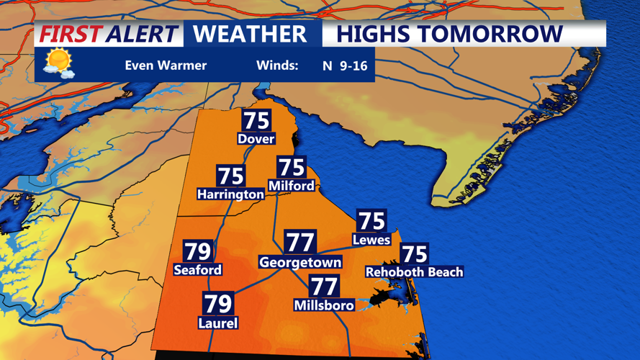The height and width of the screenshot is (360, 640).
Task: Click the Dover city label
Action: click(x=256, y=138)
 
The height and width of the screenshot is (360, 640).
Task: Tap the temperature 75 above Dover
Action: click(x=256, y=120)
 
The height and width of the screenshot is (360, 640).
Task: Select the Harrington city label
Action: click(x=230, y=194)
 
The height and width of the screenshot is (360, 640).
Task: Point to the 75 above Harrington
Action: click(x=230, y=176)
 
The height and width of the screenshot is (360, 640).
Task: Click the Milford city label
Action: click(x=291, y=186)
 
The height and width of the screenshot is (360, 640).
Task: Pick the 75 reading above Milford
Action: click(x=292, y=167)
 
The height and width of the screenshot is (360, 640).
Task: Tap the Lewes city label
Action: click(x=371, y=239)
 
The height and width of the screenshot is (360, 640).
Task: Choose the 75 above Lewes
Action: click(x=372, y=220)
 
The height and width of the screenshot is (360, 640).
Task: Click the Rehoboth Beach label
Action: click(x=414, y=272)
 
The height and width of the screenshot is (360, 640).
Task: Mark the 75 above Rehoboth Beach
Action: click(x=414, y=253)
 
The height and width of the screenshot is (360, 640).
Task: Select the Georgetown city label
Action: click(x=299, y=263)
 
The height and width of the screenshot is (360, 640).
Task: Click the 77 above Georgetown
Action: click(x=299, y=242)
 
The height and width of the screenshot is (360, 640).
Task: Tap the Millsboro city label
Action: click(x=324, y=305)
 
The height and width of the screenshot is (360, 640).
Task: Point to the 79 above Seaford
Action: click(x=197, y=251)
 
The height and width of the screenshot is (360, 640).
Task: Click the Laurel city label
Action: click(x=217, y=323)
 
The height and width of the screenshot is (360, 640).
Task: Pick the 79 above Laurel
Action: click(x=217, y=303)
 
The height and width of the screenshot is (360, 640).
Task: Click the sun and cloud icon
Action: click(x=58, y=63)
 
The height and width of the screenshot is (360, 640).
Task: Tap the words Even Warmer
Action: click(x=166, y=66)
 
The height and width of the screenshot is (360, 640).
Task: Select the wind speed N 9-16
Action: click(x=345, y=66)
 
